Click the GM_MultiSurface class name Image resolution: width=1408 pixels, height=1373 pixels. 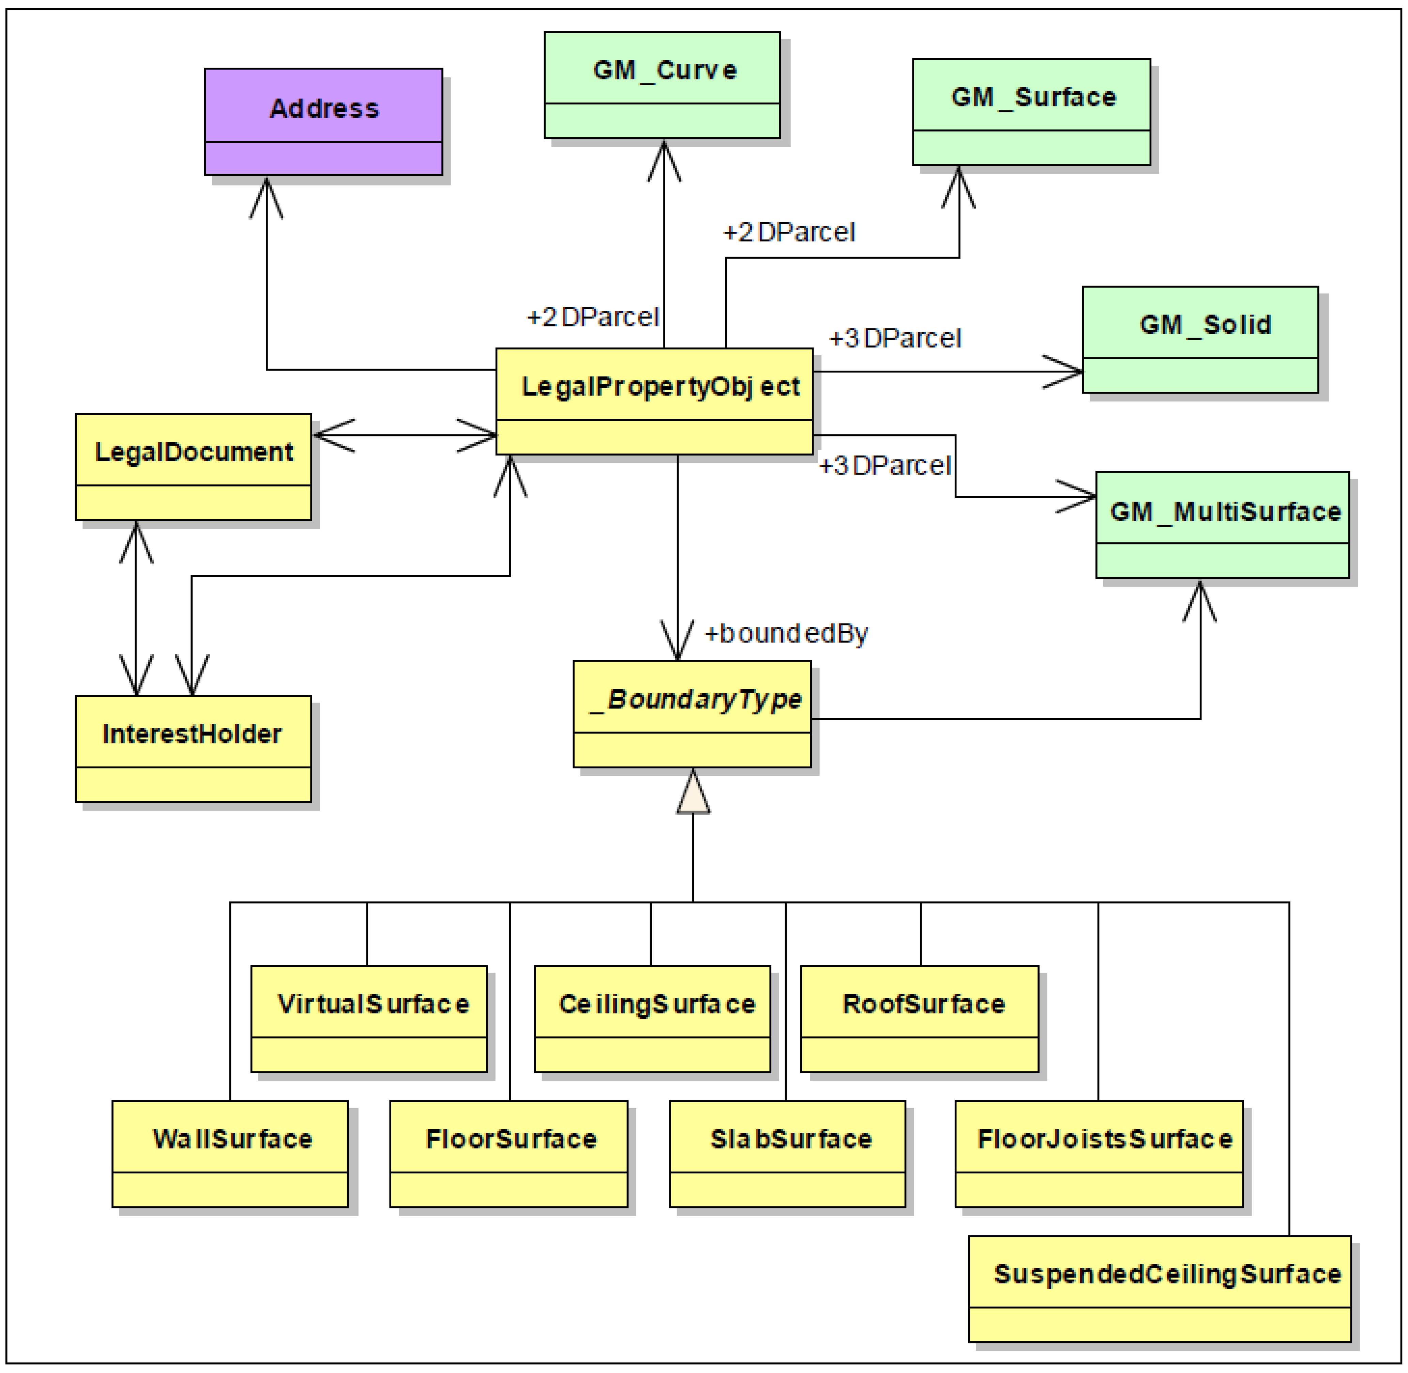point(1225,511)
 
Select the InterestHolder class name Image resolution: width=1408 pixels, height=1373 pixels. point(192,734)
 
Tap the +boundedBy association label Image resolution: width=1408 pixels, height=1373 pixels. point(786,633)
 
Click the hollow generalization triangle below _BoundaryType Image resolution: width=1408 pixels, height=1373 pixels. point(693,791)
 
